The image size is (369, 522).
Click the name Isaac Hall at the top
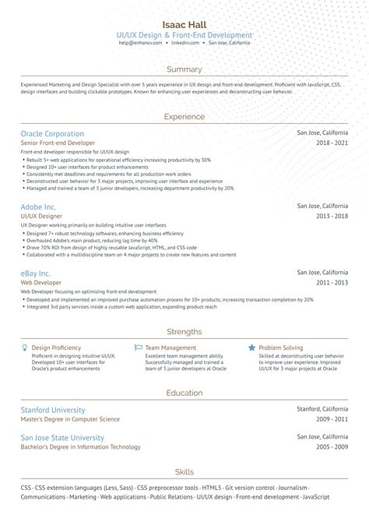[184, 25]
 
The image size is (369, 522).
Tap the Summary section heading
[184, 69]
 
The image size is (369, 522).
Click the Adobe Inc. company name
[38, 206]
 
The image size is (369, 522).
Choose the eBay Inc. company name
[36, 273]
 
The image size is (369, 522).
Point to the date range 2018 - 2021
[332, 144]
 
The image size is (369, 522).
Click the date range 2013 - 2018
[332, 217]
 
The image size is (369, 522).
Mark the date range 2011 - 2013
[332, 284]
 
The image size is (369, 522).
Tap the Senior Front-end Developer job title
[58, 143]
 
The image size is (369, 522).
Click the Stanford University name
[53, 410]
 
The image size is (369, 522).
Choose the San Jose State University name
[61, 438]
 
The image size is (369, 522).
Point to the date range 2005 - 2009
[332, 448]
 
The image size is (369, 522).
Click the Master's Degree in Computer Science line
[70, 420]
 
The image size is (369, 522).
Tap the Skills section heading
[184, 472]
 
